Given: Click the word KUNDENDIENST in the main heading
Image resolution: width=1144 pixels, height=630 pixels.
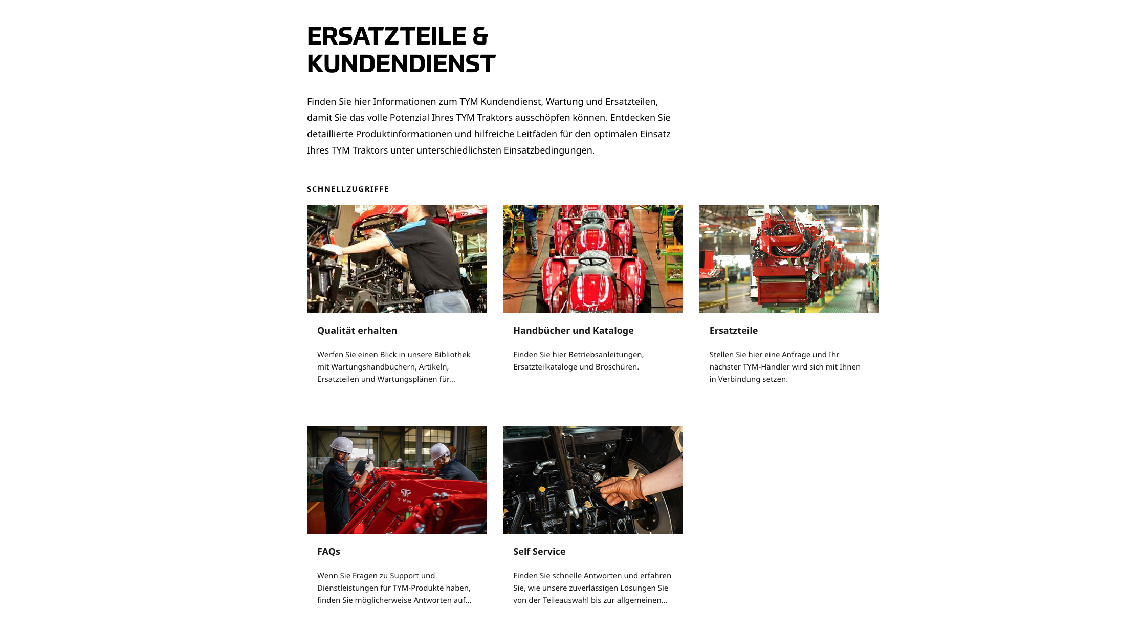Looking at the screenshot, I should (x=401, y=64).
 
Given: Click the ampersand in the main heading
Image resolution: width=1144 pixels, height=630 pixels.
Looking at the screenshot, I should (x=480, y=36).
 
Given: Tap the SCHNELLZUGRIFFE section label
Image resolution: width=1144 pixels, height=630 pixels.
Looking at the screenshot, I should (x=348, y=189).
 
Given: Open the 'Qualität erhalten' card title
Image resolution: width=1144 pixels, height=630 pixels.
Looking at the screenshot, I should (x=357, y=331).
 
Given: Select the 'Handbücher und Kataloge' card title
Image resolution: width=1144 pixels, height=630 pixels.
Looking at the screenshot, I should (x=573, y=331).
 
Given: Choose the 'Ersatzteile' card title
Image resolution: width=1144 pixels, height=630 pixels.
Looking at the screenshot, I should (x=733, y=331).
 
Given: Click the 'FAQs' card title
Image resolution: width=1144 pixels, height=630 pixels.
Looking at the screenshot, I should (x=328, y=552).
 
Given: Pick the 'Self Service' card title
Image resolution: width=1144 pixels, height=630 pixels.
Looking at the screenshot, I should (x=539, y=552).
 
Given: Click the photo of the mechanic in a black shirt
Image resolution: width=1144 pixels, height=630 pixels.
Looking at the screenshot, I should (x=397, y=259).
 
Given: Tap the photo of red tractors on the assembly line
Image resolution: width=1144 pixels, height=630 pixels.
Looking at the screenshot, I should (x=592, y=259).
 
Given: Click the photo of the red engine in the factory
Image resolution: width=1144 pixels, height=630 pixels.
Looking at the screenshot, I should (x=788, y=259).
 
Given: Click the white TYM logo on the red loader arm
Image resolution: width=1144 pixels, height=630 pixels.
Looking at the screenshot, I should (x=405, y=494).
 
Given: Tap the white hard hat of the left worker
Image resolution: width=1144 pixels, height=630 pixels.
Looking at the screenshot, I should (x=342, y=444).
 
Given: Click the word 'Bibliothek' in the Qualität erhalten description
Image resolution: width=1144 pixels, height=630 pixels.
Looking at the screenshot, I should (x=452, y=355).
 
